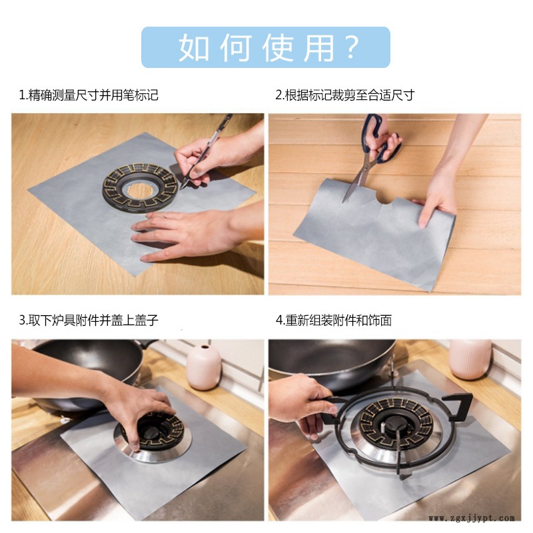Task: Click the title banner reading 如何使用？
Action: point(265,47)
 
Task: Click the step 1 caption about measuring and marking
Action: point(89,95)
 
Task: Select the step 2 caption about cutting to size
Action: point(344,95)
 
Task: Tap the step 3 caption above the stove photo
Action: point(89,320)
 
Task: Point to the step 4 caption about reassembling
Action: point(334,320)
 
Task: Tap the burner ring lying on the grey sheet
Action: point(141,187)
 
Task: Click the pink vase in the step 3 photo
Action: point(204,367)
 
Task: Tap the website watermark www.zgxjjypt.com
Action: point(472,518)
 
